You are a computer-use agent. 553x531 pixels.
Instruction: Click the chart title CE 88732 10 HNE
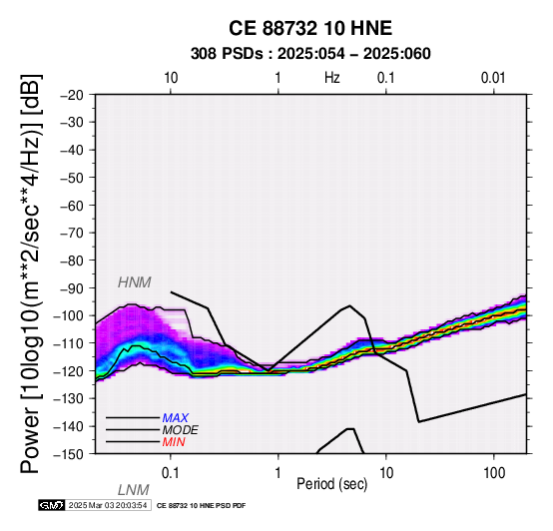[x=310, y=28]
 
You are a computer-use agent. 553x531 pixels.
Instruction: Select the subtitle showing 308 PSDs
[x=310, y=54]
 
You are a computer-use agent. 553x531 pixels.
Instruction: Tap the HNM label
[x=135, y=282]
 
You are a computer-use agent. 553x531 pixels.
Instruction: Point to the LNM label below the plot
[x=134, y=490]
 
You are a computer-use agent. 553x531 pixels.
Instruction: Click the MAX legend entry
[x=176, y=418]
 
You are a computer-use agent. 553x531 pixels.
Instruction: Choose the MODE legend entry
[x=181, y=430]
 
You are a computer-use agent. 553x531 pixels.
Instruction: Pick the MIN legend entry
[x=174, y=442]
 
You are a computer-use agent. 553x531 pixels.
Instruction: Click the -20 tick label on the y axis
[x=72, y=95]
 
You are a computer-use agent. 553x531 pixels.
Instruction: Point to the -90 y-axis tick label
[x=72, y=288]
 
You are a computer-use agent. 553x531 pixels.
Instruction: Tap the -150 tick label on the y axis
[x=69, y=454]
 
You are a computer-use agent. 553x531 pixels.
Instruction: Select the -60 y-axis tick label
[x=72, y=206]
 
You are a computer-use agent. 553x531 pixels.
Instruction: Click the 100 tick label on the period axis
[x=494, y=473]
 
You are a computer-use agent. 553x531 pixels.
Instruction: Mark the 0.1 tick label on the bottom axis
[x=171, y=473]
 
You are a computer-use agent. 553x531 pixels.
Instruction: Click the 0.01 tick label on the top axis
[x=493, y=78]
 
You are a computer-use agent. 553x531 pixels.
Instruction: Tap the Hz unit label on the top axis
[x=332, y=78]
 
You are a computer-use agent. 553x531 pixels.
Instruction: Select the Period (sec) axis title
[x=332, y=484]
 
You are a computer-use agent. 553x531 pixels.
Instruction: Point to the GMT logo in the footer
[x=52, y=506]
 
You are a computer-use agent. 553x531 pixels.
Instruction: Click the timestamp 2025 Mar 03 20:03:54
[x=108, y=506]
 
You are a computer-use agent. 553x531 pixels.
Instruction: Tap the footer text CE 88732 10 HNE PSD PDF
[x=201, y=506]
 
